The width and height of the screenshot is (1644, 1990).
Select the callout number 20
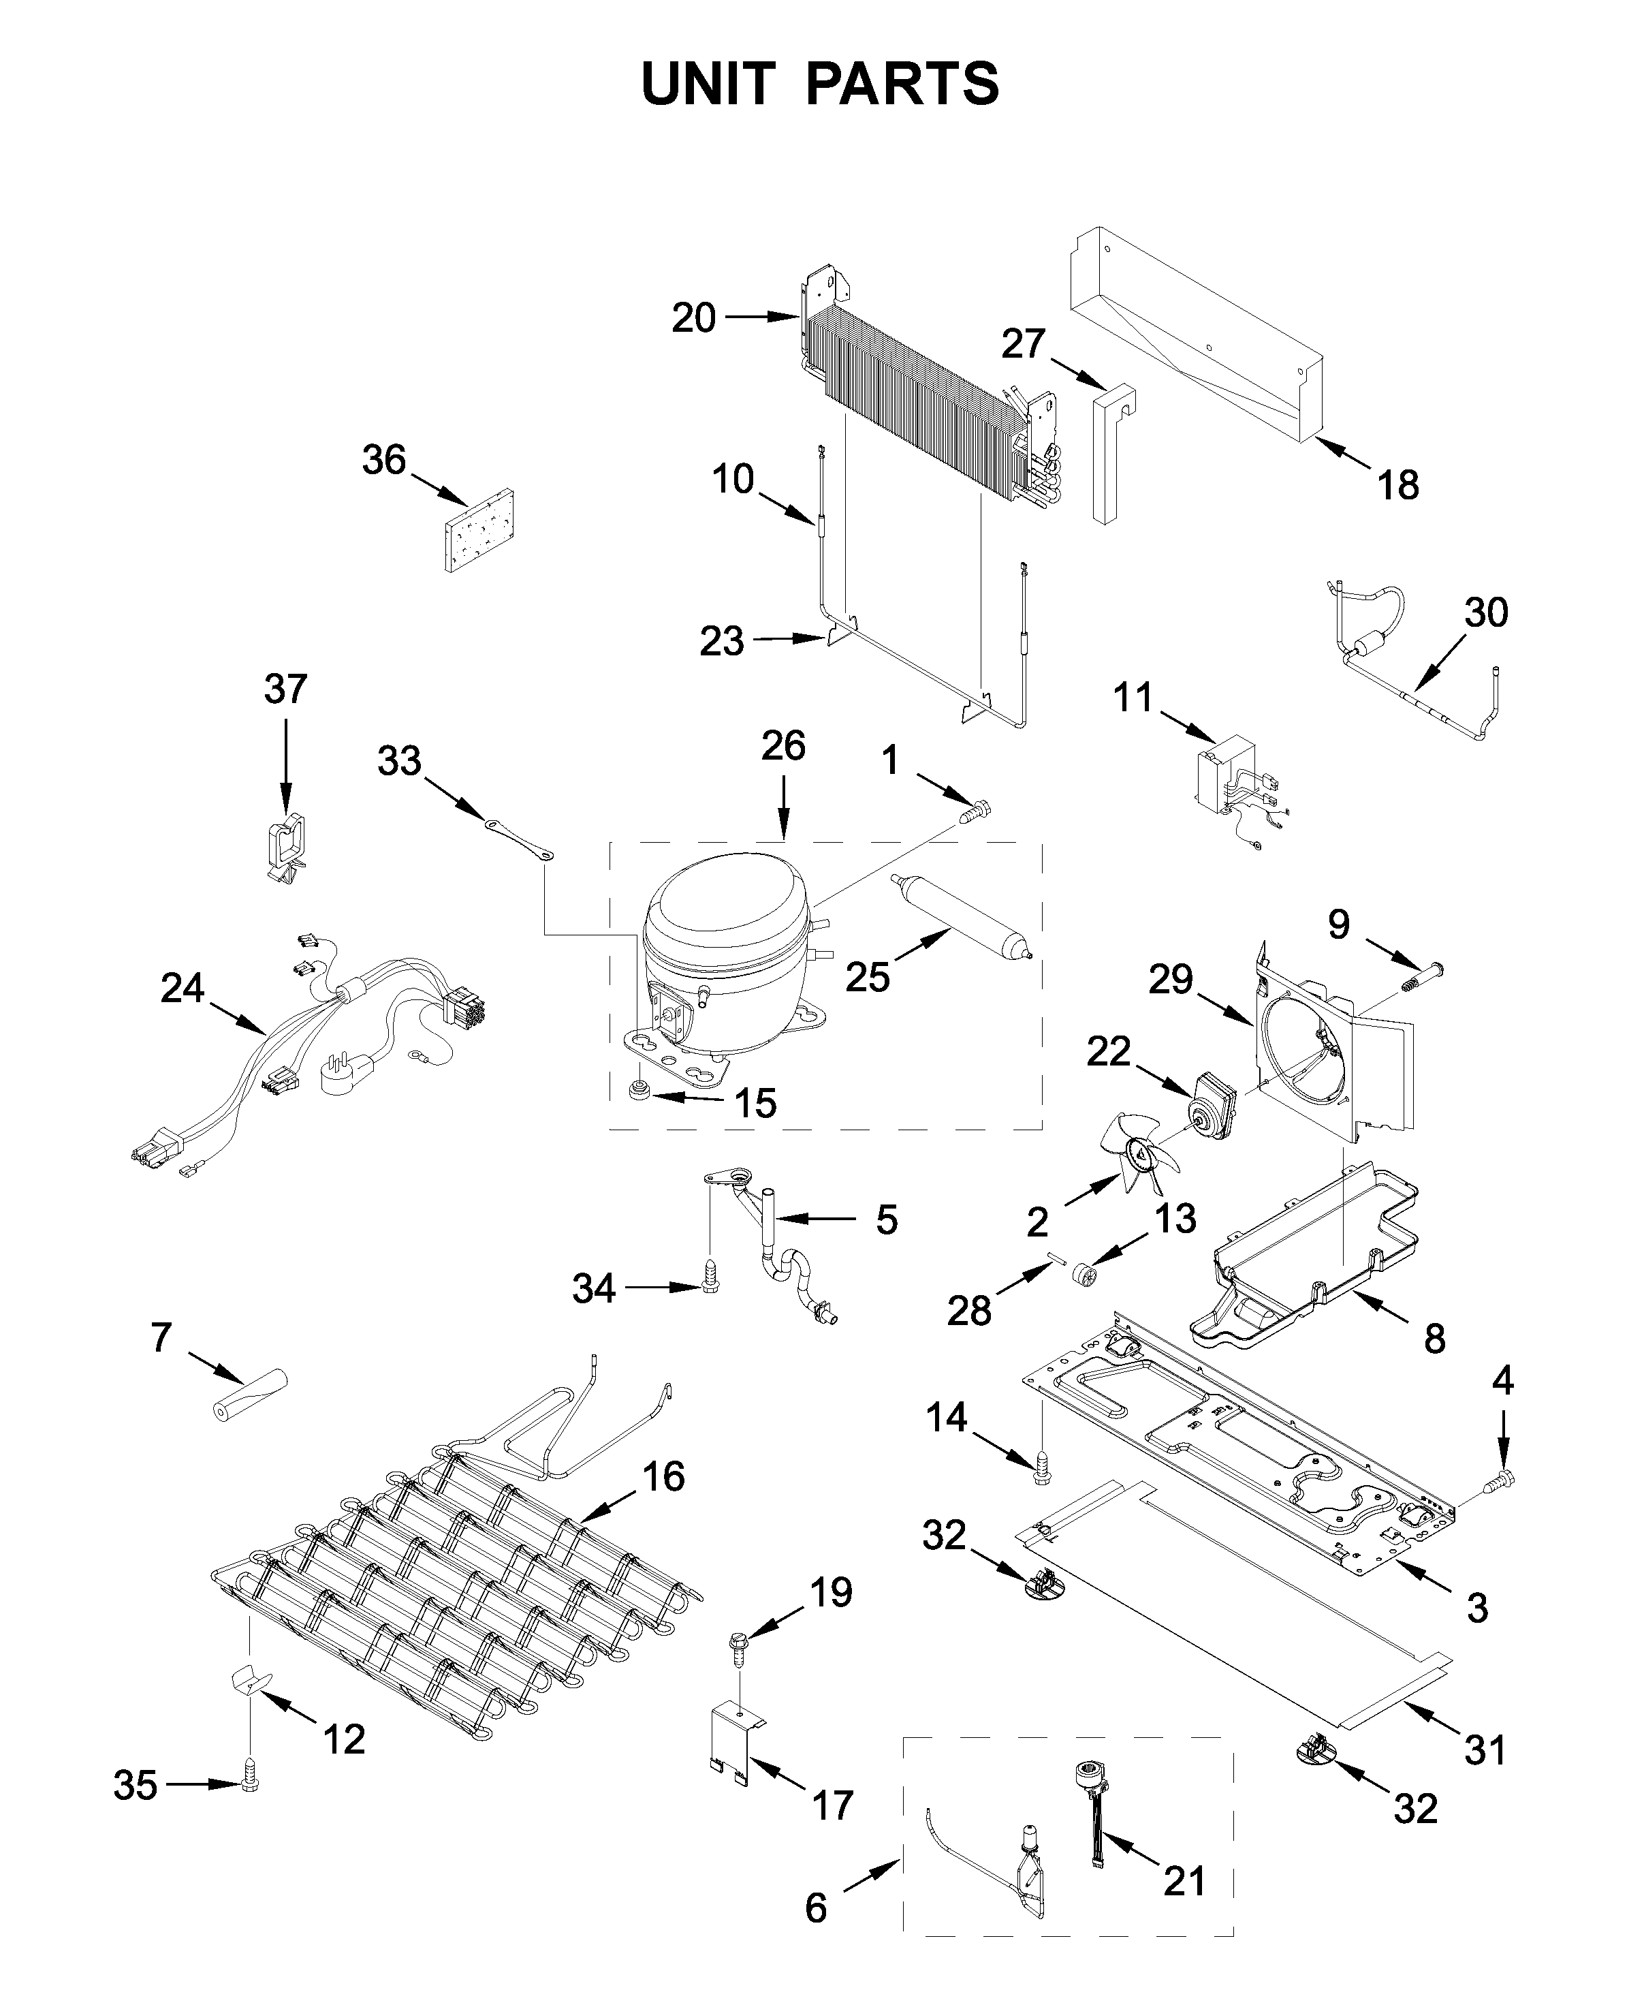click(693, 318)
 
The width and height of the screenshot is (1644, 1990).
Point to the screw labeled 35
click(250, 1786)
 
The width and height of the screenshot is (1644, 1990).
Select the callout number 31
click(1485, 1750)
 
